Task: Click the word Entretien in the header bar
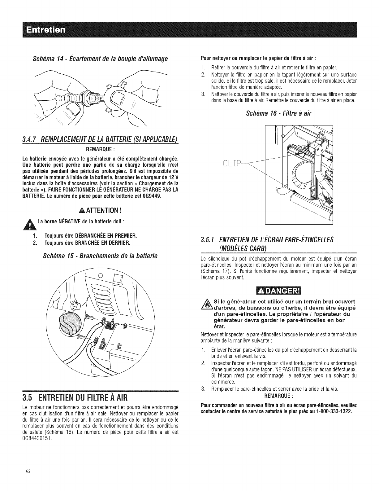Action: coord(45,30)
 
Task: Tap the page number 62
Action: coord(28,471)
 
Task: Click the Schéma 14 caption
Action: coord(100,59)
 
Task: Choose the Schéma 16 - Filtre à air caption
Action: coord(279,113)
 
